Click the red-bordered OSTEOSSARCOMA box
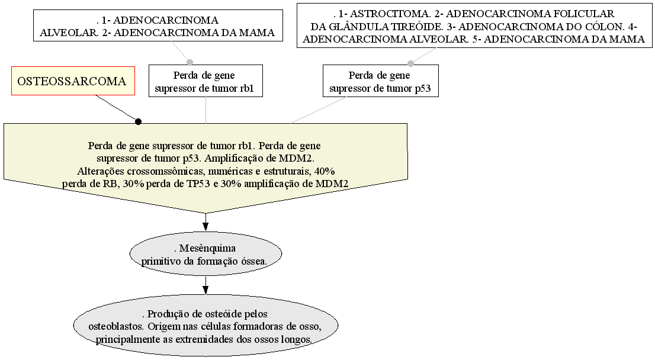[x=73, y=81]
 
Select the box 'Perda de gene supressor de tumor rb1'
[x=206, y=81]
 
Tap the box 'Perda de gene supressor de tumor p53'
[x=381, y=81]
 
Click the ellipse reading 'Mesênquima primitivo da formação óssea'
[x=206, y=254]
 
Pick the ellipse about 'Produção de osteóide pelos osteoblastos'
[x=206, y=326]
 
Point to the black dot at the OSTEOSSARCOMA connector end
[x=138, y=121]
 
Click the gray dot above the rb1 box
[x=190, y=63]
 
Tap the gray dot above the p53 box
[x=410, y=63]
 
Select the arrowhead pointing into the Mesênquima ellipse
[x=206, y=226]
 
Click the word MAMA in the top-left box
[x=257, y=33]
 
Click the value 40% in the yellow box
[x=325, y=171]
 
